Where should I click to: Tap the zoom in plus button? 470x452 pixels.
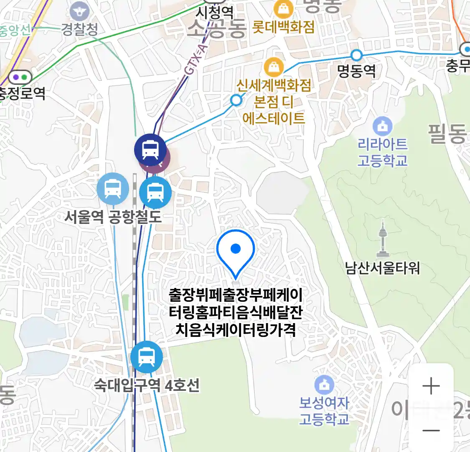pos(431,386)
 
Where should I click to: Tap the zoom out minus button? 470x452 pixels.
pos(431,430)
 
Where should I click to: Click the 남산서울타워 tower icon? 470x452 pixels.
pos(383,239)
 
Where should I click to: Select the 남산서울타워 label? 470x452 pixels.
pos(382,267)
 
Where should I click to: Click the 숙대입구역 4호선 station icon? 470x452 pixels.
pos(146,357)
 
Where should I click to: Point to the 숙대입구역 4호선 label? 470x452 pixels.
pos(147,385)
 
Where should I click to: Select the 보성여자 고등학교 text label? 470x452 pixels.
pos(324,411)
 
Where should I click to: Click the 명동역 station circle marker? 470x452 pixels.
pos(356,55)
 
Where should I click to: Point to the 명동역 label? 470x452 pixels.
pos(356,71)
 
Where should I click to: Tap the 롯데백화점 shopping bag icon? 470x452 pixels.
pos(283,9)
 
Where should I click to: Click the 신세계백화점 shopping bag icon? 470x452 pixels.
pos(274,67)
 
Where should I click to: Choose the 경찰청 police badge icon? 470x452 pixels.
pos(80,11)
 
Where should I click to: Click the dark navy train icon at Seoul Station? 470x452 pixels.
pos(150,149)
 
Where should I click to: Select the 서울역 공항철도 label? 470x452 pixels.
pos(113,217)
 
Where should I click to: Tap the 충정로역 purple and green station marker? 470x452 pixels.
pos(20,77)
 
